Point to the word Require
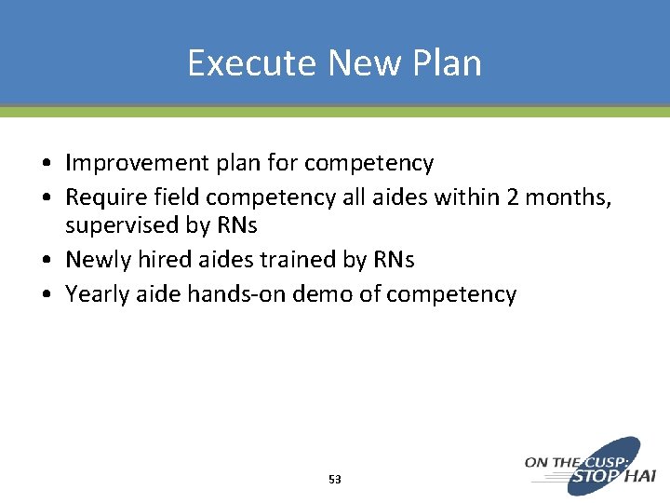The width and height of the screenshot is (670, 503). [100, 197]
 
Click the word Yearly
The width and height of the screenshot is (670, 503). [93, 294]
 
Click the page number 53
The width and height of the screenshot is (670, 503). [335, 480]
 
